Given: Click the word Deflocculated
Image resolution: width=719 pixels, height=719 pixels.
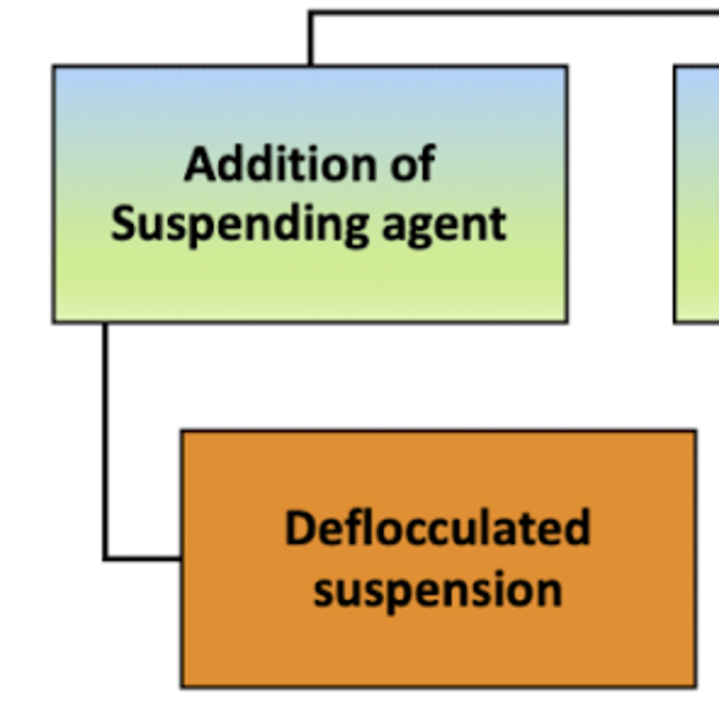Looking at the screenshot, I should pos(437,528).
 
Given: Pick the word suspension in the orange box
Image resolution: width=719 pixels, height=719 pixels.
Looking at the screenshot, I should pos(437,590).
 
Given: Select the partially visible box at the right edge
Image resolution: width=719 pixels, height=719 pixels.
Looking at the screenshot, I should pos(697,195).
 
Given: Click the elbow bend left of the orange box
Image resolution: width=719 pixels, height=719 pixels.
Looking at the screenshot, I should pos(106,558).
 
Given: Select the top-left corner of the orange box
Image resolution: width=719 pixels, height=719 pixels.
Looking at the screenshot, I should pos(183,431).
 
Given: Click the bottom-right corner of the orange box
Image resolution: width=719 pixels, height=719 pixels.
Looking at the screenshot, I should pos(695,685).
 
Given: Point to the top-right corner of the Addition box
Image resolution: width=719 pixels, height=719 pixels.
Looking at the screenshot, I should pos(566,67).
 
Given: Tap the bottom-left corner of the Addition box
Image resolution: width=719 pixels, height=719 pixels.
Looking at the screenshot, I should pos(55,322).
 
